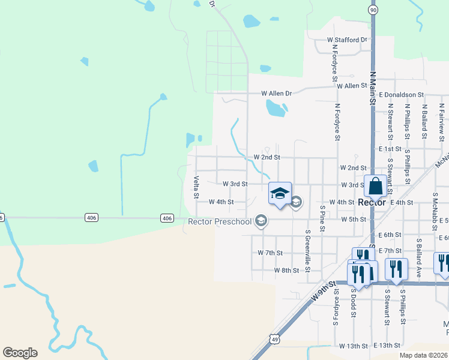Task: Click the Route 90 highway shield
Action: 373,10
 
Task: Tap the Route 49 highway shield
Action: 274,339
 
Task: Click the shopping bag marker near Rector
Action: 375,186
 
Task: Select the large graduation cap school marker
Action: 280,193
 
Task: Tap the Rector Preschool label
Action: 219,221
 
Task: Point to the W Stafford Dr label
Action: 346,40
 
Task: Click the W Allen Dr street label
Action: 276,94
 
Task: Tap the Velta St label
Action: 196,187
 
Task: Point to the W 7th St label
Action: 270,253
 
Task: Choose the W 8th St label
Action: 286,271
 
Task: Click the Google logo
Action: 20,353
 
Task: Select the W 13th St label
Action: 352,346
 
